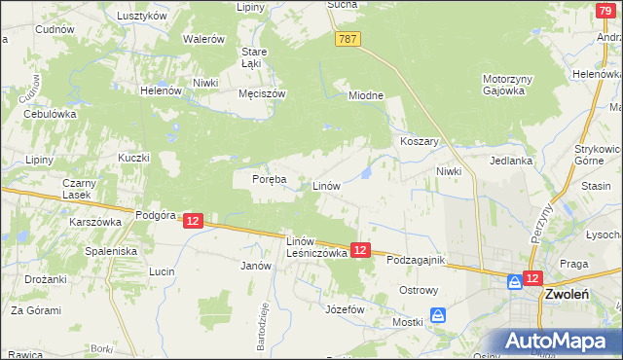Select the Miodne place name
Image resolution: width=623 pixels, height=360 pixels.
click(367, 94)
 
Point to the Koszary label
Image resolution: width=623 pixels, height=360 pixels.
click(421, 141)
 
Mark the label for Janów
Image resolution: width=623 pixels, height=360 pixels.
click(255, 265)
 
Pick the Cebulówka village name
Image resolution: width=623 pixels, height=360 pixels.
click(50, 113)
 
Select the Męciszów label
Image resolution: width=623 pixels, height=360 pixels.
click(261, 94)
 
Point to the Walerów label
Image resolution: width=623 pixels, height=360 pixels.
click(206, 39)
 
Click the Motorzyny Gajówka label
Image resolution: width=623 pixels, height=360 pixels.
click(503, 85)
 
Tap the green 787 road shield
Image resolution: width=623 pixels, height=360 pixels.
click(349, 38)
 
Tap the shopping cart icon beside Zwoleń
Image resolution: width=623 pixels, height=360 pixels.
click(514, 281)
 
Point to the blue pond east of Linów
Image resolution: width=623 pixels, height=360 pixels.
click(365, 173)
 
